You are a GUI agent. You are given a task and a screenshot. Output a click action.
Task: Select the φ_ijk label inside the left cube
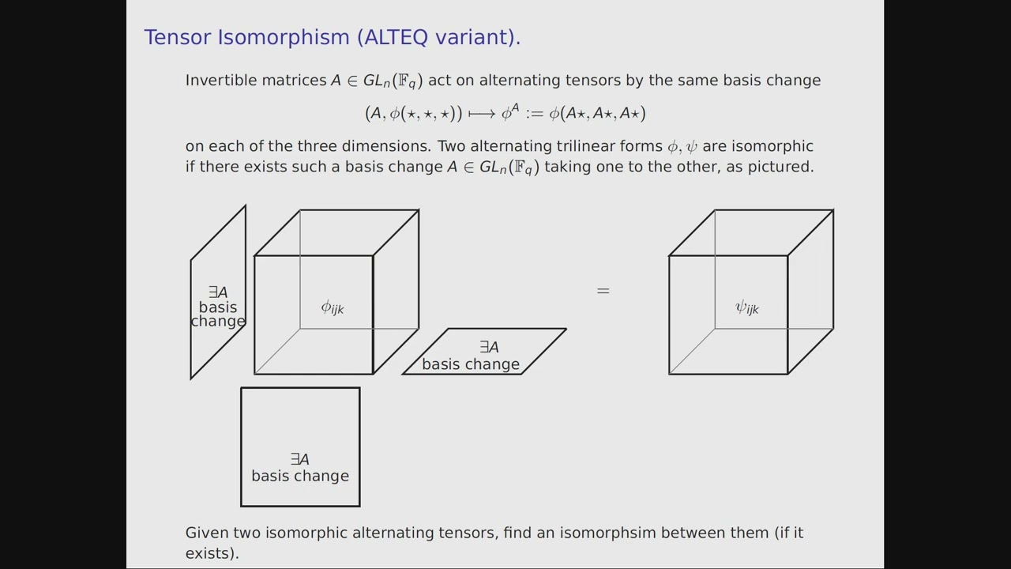[333, 307]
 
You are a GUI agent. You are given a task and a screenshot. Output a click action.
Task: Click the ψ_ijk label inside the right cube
[747, 307]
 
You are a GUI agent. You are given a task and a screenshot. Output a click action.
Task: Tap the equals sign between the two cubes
[603, 291]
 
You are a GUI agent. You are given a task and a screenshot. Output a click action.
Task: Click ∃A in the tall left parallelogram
[218, 292]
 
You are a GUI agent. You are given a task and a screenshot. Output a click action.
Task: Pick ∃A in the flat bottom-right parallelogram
[489, 348]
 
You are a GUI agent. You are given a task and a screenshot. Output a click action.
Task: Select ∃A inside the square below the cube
[300, 459]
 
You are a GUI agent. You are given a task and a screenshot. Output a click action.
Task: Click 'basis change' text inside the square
[300, 476]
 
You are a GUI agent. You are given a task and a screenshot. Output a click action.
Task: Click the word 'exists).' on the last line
[212, 553]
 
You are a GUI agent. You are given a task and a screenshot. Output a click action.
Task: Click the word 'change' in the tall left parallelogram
[218, 321]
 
